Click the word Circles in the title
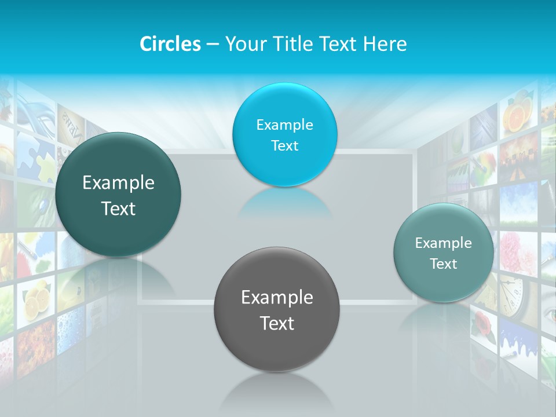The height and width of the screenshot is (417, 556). (x=170, y=44)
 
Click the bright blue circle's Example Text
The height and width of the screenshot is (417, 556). (x=284, y=135)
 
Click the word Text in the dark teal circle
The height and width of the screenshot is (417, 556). (x=118, y=209)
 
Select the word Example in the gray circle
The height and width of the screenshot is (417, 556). (x=277, y=297)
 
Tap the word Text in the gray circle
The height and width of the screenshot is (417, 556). (x=277, y=323)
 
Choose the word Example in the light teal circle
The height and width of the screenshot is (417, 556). (x=443, y=243)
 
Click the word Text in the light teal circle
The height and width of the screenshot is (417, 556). (x=443, y=264)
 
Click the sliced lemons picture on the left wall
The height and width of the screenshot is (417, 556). (x=36, y=299)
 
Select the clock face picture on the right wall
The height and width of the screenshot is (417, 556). (x=511, y=293)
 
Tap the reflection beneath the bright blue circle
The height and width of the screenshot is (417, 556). (x=284, y=203)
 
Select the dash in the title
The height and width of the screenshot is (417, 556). (x=212, y=45)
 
